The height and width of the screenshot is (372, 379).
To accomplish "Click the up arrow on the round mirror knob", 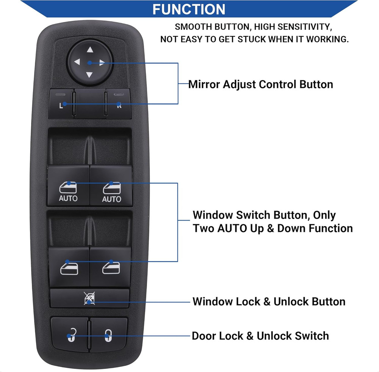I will pyautogui.click(x=90, y=49).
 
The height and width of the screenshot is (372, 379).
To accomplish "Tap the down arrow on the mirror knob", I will pyautogui.click(x=89, y=75).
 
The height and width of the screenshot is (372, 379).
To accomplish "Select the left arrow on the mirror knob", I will pyautogui.click(x=77, y=62).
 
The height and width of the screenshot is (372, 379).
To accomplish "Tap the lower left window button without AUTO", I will pyautogui.click(x=69, y=267).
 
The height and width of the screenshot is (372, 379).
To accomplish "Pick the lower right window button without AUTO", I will pyautogui.click(x=111, y=267).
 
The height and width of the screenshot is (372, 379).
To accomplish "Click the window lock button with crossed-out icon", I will pyautogui.click(x=89, y=299).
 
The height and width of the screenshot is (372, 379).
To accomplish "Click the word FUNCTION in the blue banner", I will pyautogui.click(x=189, y=9).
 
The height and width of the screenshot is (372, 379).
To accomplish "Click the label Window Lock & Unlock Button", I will pyautogui.click(x=269, y=302).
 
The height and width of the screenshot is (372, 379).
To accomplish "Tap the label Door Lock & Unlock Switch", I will pyautogui.click(x=260, y=336).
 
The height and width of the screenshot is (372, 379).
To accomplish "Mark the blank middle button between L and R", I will pyautogui.click(x=89, y=103).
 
